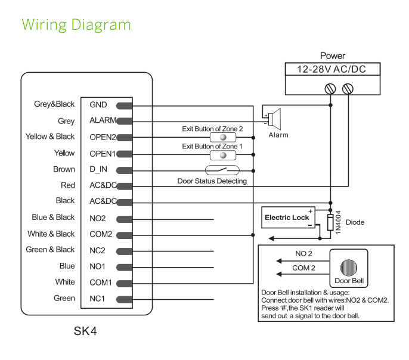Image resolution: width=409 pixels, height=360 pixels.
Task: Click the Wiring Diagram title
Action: point(76,25)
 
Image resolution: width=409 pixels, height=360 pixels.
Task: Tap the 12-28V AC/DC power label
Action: point(332,69)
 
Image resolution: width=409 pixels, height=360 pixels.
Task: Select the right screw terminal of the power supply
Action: point(348,88)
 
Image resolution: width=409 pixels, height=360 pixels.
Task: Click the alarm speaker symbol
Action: point(274,119)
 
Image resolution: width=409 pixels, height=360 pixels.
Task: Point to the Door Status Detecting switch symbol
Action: point(222,170)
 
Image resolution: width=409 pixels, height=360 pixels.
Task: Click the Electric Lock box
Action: point(287,218)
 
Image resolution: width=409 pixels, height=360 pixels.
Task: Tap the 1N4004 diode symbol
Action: point(330,223)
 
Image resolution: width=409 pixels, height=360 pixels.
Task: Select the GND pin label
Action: point(98,105)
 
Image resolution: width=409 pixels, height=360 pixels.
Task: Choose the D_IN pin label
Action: point(99,169)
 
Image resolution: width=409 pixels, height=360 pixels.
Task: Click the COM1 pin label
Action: point(101,283)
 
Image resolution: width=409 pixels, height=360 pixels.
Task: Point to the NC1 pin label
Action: point(98,299)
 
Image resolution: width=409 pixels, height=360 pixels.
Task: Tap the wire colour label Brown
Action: point(64,169)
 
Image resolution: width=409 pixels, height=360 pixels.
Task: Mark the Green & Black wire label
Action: point(50,250)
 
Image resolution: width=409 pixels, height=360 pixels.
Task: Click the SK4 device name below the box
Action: point(85,330)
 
